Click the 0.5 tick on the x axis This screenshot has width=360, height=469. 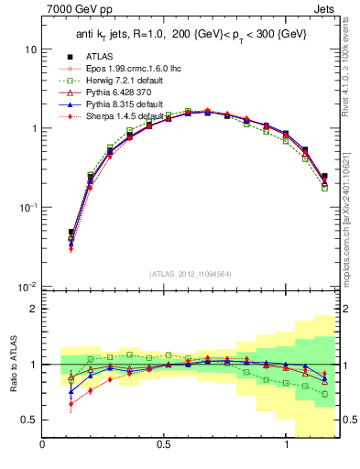pyautogui.click(x=164, y=446)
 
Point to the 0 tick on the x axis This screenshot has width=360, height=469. pyautogui.click(x=43, y=446)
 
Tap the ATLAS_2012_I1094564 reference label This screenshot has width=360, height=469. pyautogui.click(x=191, y=272)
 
